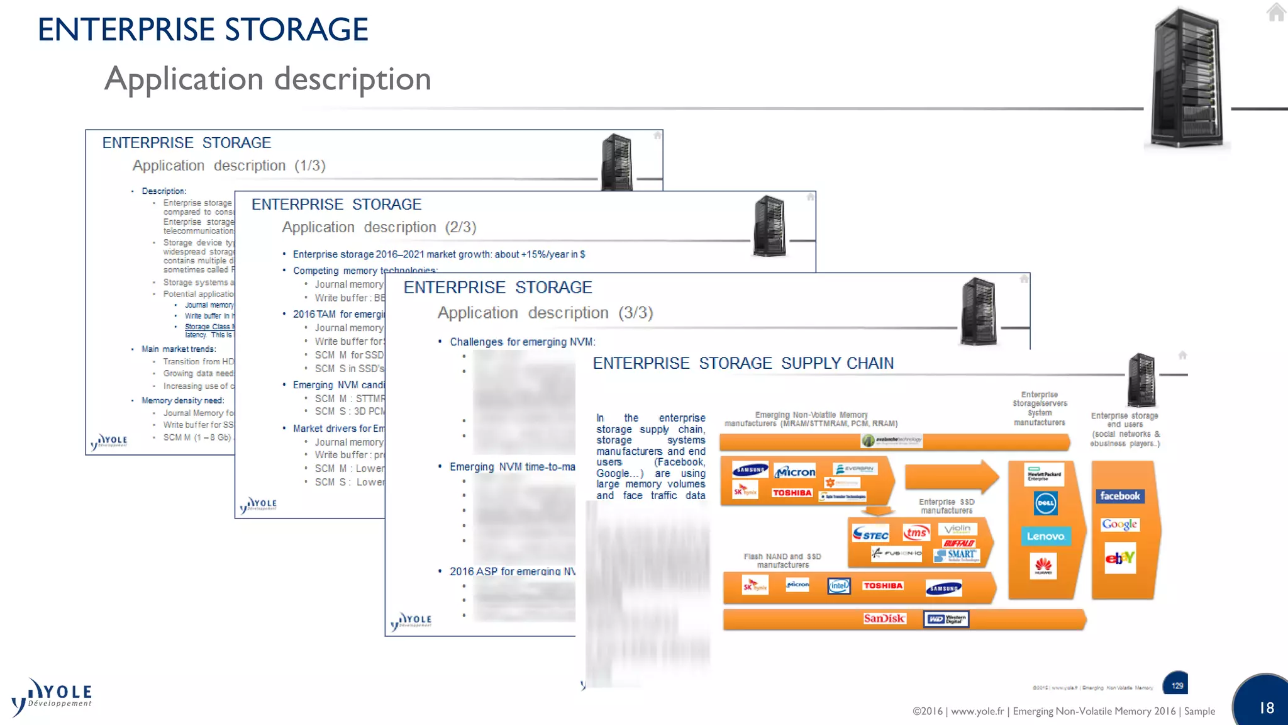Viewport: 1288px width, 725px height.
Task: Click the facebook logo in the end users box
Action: pos(1119,496)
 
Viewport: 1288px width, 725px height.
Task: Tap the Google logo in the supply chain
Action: pos(1119,524)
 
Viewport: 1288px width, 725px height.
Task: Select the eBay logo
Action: pos(1120,558)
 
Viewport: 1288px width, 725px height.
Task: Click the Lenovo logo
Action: pos(1045,536)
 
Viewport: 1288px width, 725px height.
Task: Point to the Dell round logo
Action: pos(1045,503)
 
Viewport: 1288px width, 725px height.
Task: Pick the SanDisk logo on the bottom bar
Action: pos(884,619)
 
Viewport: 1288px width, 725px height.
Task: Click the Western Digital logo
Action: pos(946,619)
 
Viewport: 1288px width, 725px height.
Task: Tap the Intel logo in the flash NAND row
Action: pos(838,586)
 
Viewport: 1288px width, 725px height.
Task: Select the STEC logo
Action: pos(870,534)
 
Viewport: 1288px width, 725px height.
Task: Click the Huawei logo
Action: pos(1043,566)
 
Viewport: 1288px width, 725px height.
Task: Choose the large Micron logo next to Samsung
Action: pos(796,471)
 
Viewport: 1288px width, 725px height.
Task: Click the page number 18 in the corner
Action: pos(1266,708)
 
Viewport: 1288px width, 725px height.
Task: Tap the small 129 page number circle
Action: pos(1177,685)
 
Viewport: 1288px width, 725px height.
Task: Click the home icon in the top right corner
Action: pos(1275,12)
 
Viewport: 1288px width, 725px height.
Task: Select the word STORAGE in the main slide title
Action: pos(296,30)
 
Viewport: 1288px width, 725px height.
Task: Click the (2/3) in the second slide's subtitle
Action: pos(460,227)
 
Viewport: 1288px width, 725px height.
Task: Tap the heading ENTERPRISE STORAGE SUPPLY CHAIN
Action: pos(743,363)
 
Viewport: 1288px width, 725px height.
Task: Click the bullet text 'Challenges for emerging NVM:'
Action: pos(522,342)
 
